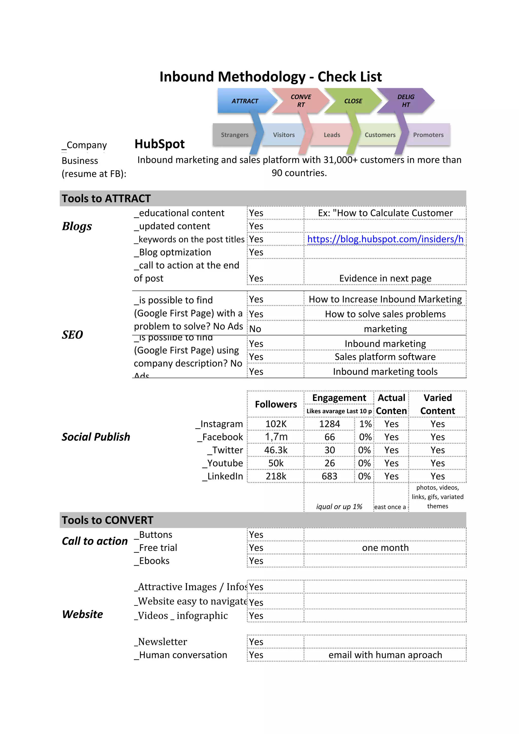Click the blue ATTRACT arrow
(x=245, y=101)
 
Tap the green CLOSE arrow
(x=353, y=101)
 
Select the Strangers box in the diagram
(x=234, y=134)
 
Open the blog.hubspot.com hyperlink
(x=385, y=239)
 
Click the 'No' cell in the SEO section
(x=255, y=329)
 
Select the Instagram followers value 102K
(x=276, y=424)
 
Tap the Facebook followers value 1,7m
(x=276, y=437)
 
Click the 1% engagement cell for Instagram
(x=365, y=424)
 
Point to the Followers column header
(x=276, y=404)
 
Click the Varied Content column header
(x=437, y=404)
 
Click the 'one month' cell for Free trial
(x=385, y=548)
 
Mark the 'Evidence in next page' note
(x=385, y=278)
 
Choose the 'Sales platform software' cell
(x=385, y=357)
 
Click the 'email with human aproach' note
(x=385, y=655)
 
